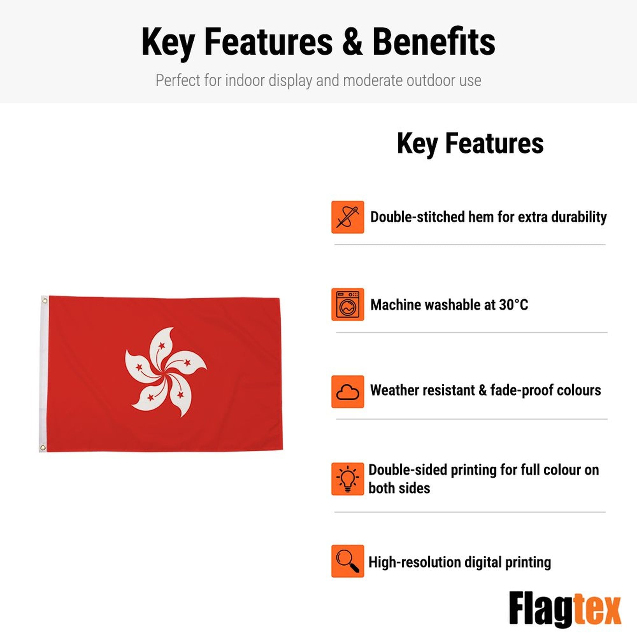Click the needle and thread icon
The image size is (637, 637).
[347, 217]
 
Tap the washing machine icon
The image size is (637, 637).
[347, 304]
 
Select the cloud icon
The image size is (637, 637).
[347, 392]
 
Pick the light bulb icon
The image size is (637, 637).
[347, 479]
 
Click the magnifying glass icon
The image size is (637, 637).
[347, 561]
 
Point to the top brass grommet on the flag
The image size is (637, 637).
[45, 300]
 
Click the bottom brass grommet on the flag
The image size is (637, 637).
[43, 447]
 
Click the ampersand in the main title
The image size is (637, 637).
[353, 42]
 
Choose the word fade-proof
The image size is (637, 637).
[522, 391]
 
